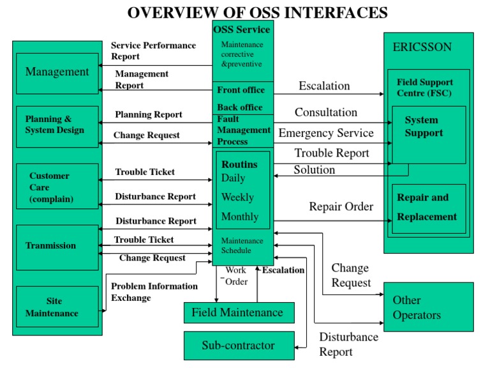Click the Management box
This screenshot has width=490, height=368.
[57, 73]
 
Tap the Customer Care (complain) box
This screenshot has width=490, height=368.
[57, 187]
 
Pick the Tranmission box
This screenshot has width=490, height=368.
[57, 246]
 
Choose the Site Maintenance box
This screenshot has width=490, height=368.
[57, 307]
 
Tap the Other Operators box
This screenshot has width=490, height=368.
[428, 307]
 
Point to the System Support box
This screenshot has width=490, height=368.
[428, 134]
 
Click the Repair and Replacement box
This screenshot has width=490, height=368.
[428, 208]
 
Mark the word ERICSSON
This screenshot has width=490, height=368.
[422, 47]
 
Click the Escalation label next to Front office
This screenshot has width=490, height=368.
[324, 86]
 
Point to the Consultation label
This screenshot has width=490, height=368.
[325, 112]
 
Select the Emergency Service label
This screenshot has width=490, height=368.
[326, 133]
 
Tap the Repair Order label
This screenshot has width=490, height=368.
[341, 206]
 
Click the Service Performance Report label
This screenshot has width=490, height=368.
[153, 50]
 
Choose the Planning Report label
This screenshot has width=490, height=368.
[149, 115]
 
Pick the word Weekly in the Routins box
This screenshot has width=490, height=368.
[237, 197]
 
